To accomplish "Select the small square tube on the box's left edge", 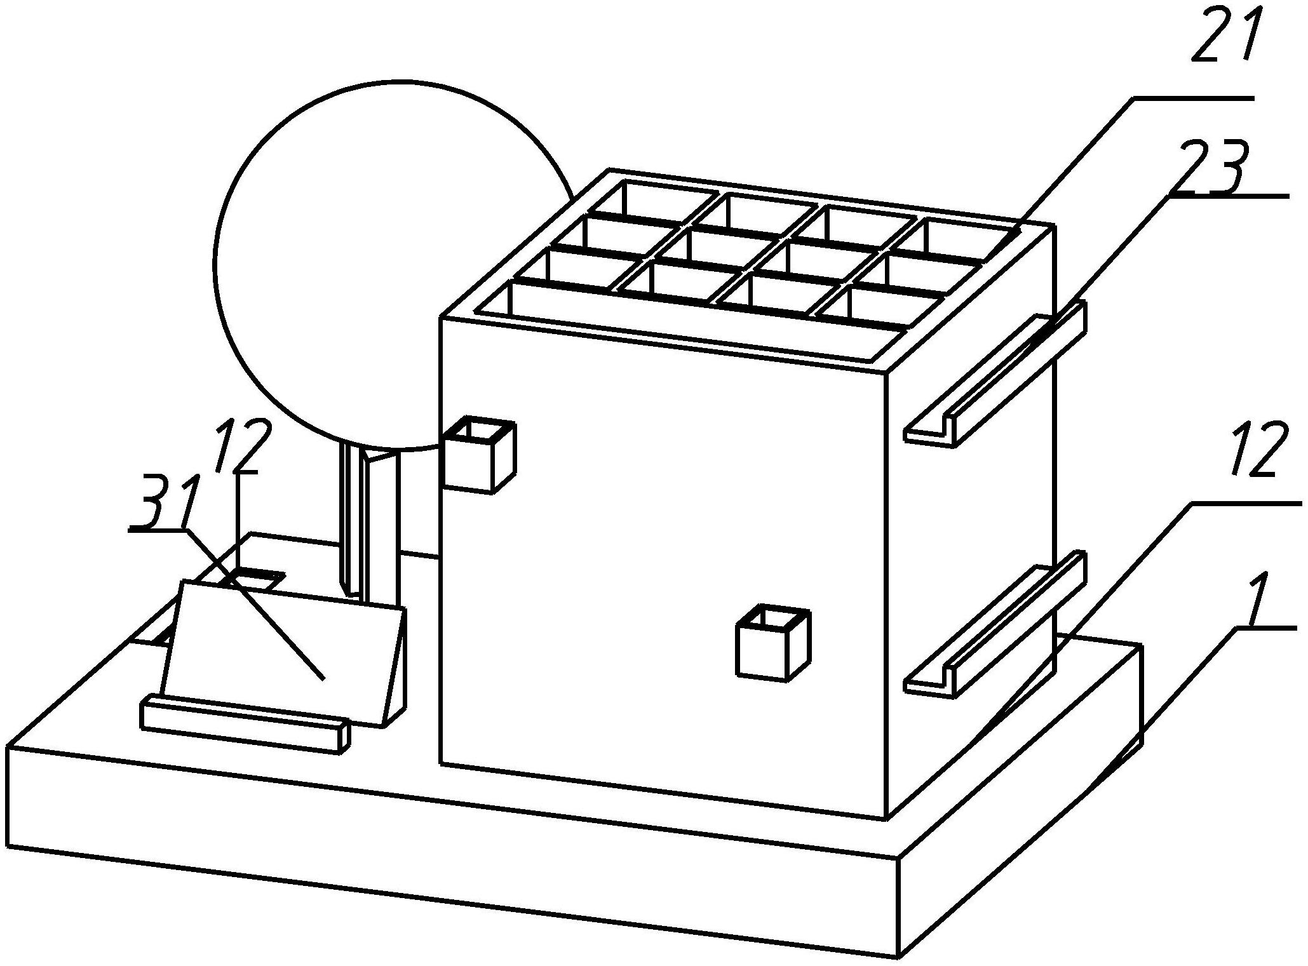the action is (x=477, y=453).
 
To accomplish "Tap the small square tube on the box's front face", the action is (x=773, y=642).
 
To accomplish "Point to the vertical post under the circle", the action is (x=370, y=525).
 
